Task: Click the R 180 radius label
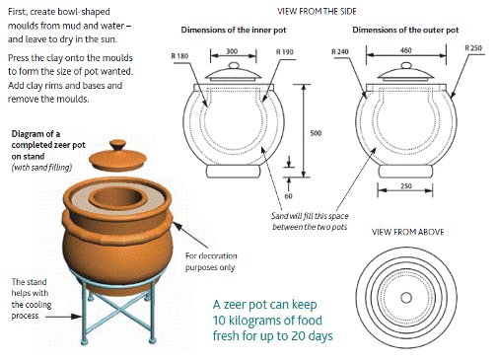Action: [x=179, y=56]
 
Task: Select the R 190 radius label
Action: [x=285, y=52]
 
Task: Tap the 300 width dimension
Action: [x=232, y=51]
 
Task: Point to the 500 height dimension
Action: [x=316, y=133]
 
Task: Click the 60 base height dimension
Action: [x=288, y=196]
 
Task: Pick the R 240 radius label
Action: [x=340, y=51]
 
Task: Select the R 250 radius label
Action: [x=473, y=48]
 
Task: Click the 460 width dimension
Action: [x=406, y=50]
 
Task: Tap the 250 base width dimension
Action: [x=406, y=186]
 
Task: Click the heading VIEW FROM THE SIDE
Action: [x=317, y=12]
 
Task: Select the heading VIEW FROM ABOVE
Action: [x=407, y=232]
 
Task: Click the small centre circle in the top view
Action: [x=406, y=298]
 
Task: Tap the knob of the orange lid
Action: [x=117, y=145]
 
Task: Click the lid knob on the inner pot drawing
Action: [x=234, y=65]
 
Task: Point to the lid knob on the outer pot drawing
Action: [x=406, y=65]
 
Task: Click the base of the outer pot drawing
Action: [x=406, y=172]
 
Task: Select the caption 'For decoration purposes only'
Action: [x=211, y=261]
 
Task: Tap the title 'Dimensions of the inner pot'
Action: [x=234, y=30]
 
